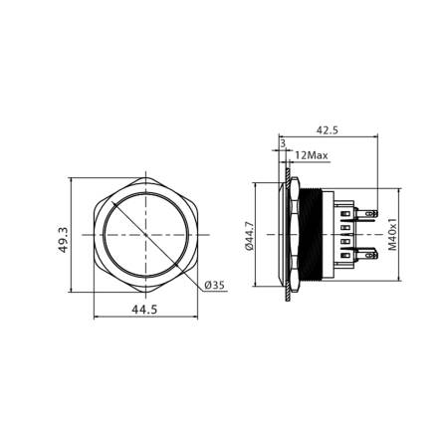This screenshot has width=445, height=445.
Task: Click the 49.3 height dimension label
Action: click(64, 240)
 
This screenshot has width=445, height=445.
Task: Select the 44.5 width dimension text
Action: click(145, 310)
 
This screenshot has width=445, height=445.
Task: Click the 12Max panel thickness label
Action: click(311, 156)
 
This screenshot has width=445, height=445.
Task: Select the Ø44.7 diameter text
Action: click(251, 239)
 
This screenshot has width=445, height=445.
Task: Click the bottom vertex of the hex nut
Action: click(145, 299)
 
